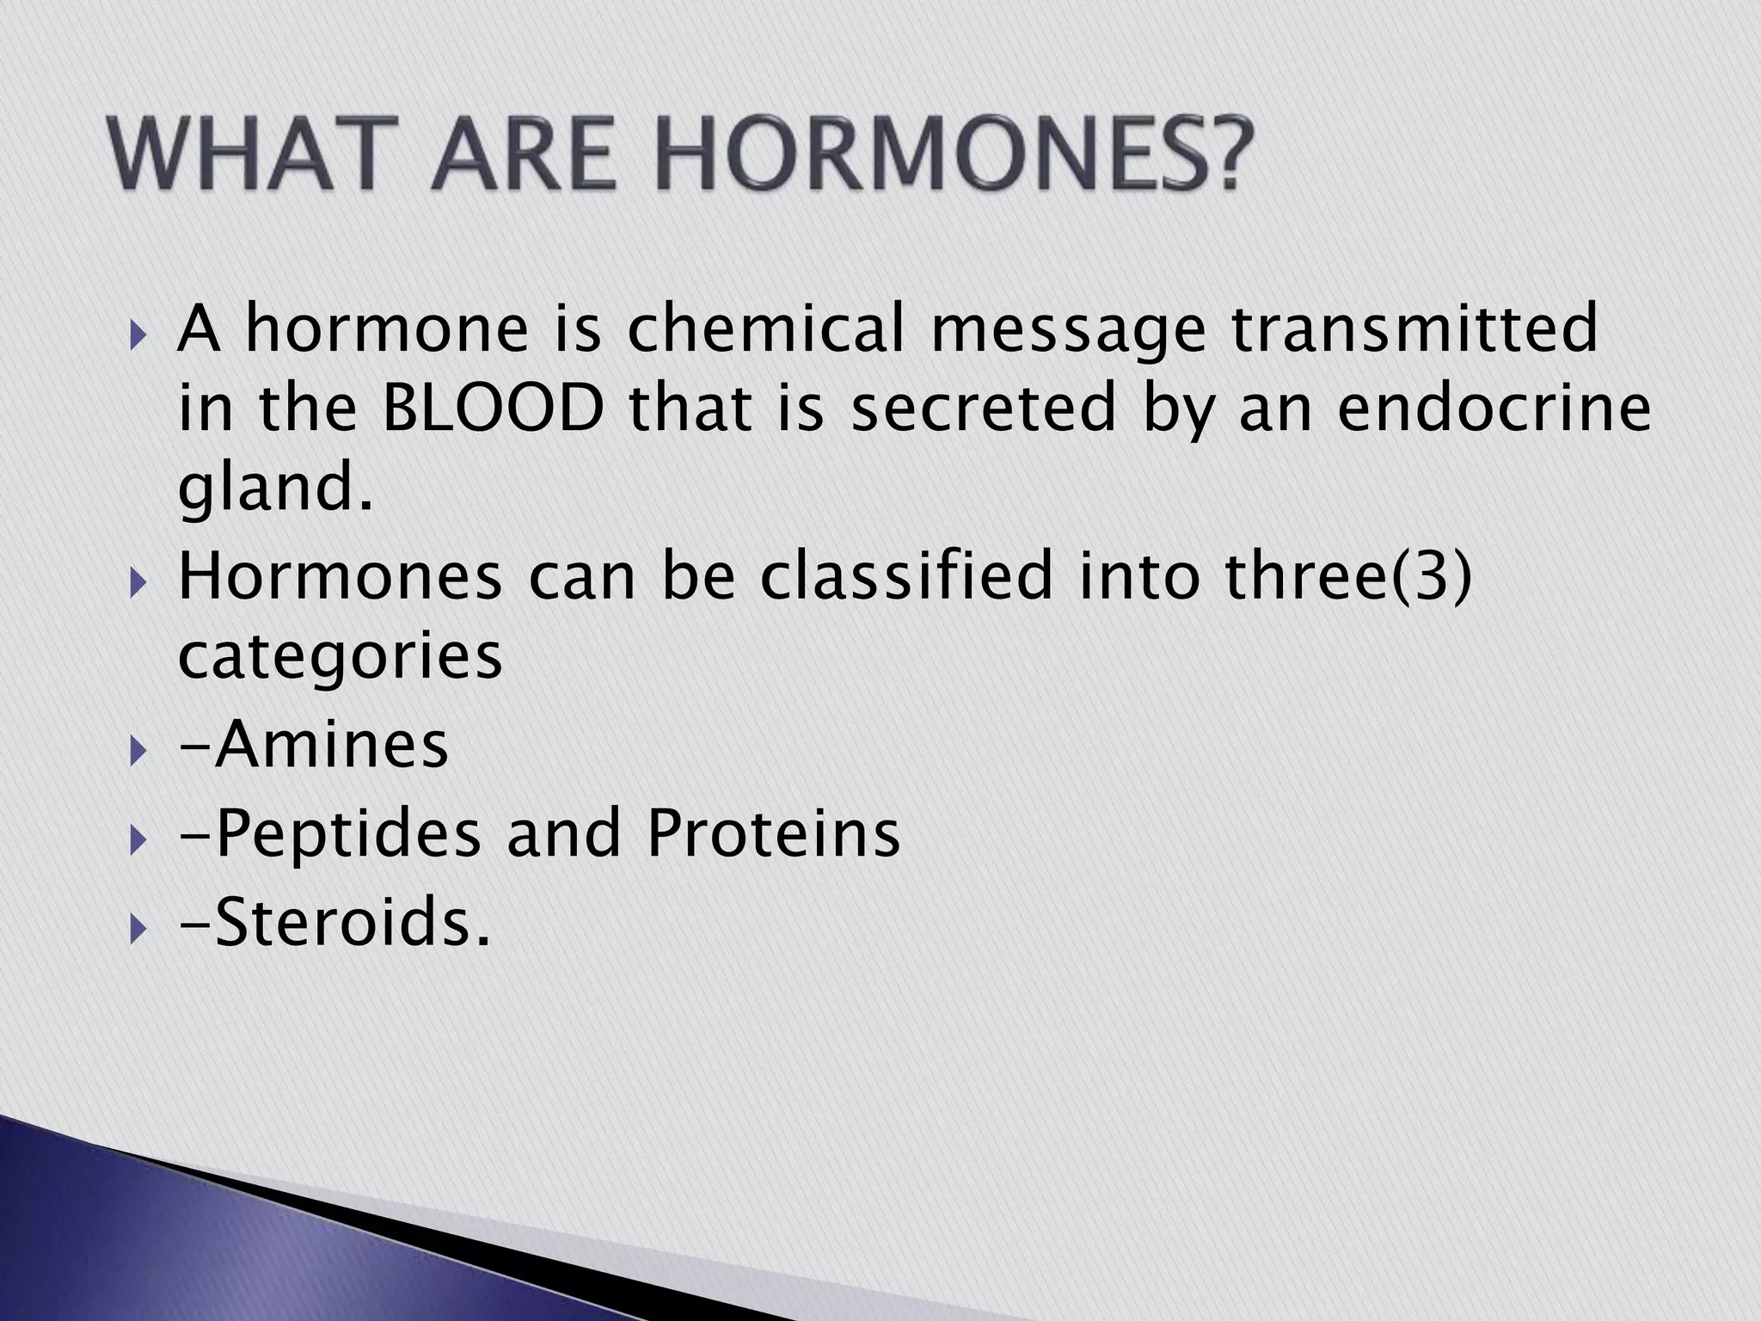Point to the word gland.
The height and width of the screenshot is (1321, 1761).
click(275, 489)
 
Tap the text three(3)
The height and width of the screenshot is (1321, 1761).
click(1348, 575)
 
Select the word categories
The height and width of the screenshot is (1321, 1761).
click(340, 657)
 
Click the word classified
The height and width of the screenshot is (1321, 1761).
click(906, 575)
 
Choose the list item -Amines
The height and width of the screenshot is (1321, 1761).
click(314, 744)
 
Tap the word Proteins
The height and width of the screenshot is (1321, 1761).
click(773, 833)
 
